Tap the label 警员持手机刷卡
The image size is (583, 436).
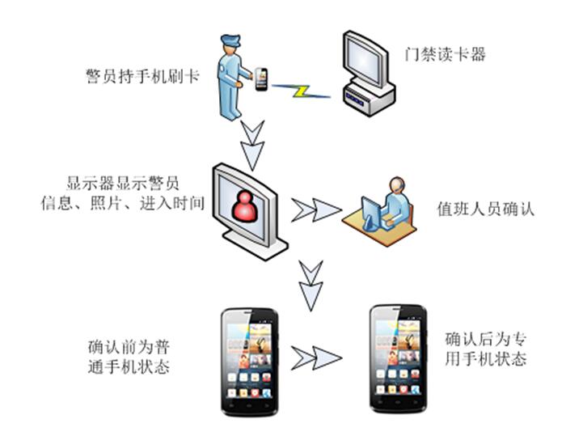[x=142, y=77]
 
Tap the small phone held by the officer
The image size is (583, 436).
[x=261, y=78]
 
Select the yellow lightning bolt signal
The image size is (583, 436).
[x=299, y=91]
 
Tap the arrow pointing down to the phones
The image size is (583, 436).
[x=311, y=282]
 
